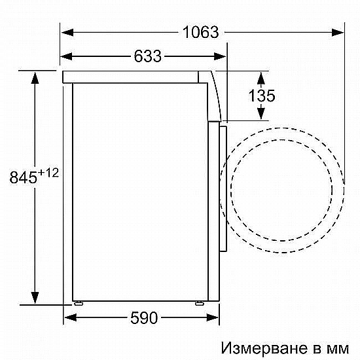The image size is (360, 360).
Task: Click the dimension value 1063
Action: click(x=201, y=32)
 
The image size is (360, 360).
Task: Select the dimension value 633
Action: click(x=148, y=56)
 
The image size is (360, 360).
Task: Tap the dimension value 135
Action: click(x=262, y=96)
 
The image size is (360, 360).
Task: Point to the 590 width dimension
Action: click(x=144, y=317)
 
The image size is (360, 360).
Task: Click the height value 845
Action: click(x=23, y=177)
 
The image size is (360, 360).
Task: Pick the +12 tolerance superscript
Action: click(x=48, y=173)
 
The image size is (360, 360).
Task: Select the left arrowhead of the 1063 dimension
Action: click(x=67, y=32)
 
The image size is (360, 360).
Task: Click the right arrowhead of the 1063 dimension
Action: click(x=338, y=32)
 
